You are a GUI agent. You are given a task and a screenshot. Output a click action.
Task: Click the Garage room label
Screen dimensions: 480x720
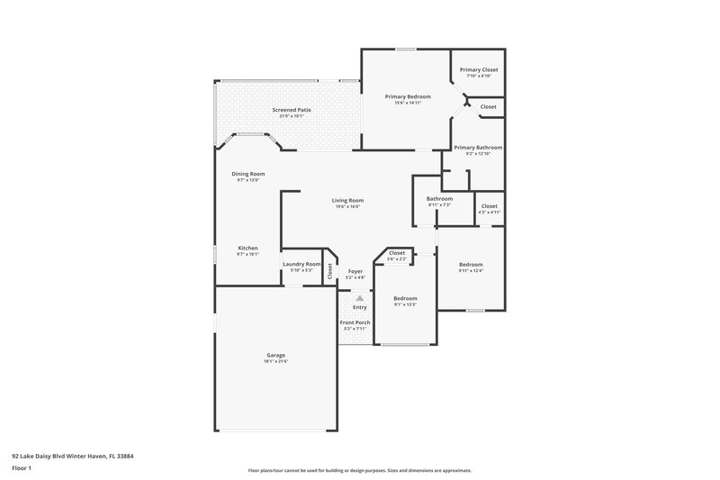click(x=275, y=355)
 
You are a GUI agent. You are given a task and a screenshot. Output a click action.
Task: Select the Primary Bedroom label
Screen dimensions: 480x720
click(x=408, y=96)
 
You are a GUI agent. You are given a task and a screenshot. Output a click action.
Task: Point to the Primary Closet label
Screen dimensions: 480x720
click(x=478, y=69)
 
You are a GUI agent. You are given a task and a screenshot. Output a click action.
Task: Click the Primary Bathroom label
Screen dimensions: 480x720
click(x=478, y=147)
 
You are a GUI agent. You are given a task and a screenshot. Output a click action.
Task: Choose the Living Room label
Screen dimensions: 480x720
click(x=346, y=200)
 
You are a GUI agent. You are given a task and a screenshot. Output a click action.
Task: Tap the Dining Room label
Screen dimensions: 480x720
click(x=248, y=174)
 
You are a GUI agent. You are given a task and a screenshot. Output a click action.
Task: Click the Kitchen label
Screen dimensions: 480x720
click(x=247, y=248)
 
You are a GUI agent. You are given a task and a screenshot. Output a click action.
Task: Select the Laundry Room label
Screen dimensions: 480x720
click(x=301, y=264)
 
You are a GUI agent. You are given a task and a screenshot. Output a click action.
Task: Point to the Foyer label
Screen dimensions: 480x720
click(x=355, y=271)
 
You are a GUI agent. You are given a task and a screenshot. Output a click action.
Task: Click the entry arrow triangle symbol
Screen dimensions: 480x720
click(x=359, y=297)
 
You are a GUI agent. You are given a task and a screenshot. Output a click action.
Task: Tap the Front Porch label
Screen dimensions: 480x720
click(x=355, y=322)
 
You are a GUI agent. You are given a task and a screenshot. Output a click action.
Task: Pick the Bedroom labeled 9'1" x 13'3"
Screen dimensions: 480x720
click(x=405, y=298)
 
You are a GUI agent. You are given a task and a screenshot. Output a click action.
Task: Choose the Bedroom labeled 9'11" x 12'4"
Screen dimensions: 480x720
click(x=471, y=264)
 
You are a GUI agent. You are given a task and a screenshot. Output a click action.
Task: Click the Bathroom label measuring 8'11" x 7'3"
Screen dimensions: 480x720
click(x=439, y=198)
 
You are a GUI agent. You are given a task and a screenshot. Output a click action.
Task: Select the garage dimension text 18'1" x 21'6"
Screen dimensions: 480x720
click(x=275, y=361)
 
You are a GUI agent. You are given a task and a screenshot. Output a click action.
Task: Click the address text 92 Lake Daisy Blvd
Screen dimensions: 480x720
click(x=72, y=456)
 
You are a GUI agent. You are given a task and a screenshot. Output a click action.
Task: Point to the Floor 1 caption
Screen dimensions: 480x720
click(x=22, y=468)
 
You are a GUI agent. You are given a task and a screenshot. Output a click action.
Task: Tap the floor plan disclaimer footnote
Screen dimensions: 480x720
click(x=359, y=470)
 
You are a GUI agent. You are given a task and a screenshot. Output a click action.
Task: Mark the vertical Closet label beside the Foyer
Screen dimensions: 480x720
click(x=329, y=269)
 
